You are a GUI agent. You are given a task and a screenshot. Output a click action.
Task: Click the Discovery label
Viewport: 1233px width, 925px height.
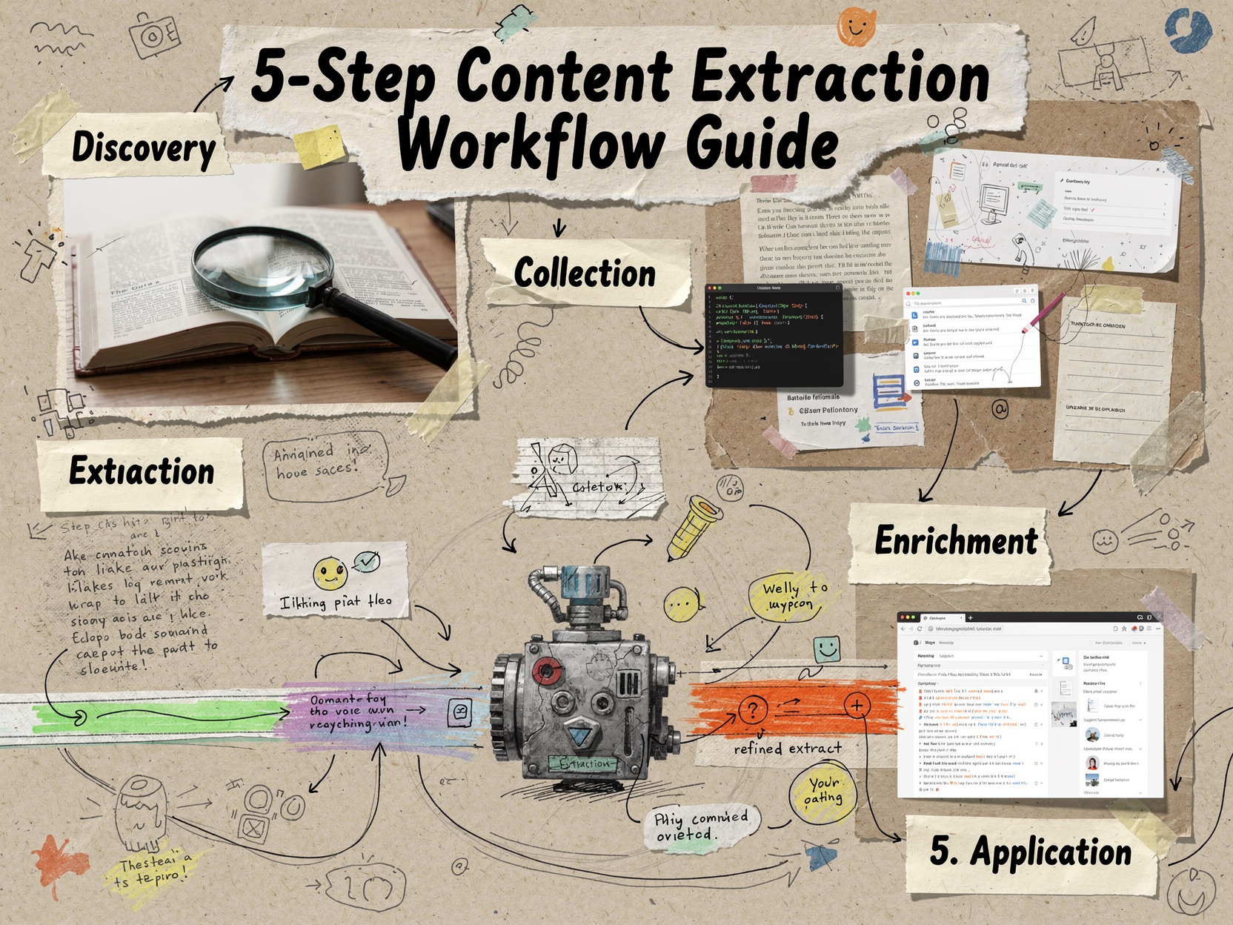click(x=144, y=147)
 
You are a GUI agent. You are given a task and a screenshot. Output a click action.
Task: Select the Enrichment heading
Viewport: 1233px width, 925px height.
click(x=955, y=540)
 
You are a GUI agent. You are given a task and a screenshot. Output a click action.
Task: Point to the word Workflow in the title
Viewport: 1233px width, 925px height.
click(x=531, y=143)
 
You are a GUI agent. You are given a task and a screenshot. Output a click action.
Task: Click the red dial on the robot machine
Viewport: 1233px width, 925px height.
click(x=546, y=672)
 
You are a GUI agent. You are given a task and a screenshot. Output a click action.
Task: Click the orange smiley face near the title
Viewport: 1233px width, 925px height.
click(x=856, y=27)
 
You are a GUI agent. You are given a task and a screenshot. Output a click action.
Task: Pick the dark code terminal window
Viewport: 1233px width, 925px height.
click(x=774, y=336)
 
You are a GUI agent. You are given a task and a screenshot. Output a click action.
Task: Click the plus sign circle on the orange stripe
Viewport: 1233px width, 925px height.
click(x=857, y=705)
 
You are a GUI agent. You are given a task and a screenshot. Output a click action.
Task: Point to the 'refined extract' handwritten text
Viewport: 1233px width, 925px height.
click(x=788, y=749)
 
